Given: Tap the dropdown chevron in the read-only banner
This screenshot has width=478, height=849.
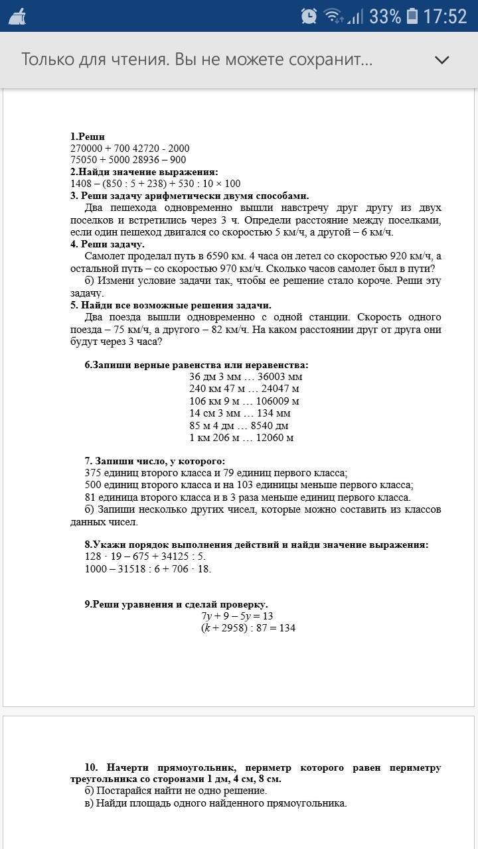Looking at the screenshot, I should [441, 60].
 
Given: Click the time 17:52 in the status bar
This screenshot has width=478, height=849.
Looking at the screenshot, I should [445, 16].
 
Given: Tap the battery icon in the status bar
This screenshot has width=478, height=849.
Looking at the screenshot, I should [412, 16].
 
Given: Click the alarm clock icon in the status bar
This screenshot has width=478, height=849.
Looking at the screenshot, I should [309, 16].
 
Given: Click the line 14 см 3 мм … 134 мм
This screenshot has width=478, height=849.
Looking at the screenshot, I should [240, 413].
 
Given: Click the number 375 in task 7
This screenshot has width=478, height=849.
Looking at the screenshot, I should [94, 473].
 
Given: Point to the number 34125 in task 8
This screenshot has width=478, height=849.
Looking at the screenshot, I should [175, 556].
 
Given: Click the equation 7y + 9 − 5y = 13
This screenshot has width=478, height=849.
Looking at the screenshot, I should [237, 616].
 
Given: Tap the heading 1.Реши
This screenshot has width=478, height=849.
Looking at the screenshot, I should [88, 136].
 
